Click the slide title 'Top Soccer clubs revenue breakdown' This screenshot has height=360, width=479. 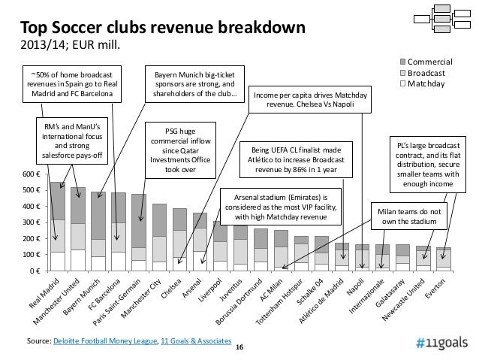162,29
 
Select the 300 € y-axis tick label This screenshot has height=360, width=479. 31,222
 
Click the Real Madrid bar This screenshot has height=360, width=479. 57,225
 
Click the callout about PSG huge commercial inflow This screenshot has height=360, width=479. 179,149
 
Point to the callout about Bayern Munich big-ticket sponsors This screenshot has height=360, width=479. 194,86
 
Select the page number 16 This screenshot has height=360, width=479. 239,348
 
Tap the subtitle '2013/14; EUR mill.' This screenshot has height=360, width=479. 69,47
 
